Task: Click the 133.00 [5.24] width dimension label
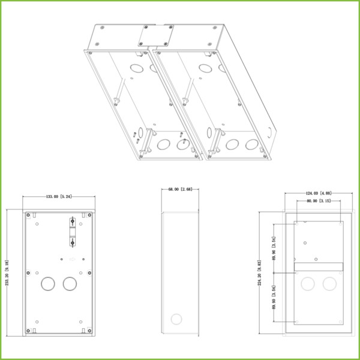(x=58, y=196)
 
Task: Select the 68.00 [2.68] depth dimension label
(x=179, y=190)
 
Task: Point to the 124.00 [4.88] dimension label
(x=319, y=193)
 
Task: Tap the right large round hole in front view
(x=70, y=284)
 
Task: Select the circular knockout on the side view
(x=176, y=317)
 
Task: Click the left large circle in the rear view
(x=308, y=284)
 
